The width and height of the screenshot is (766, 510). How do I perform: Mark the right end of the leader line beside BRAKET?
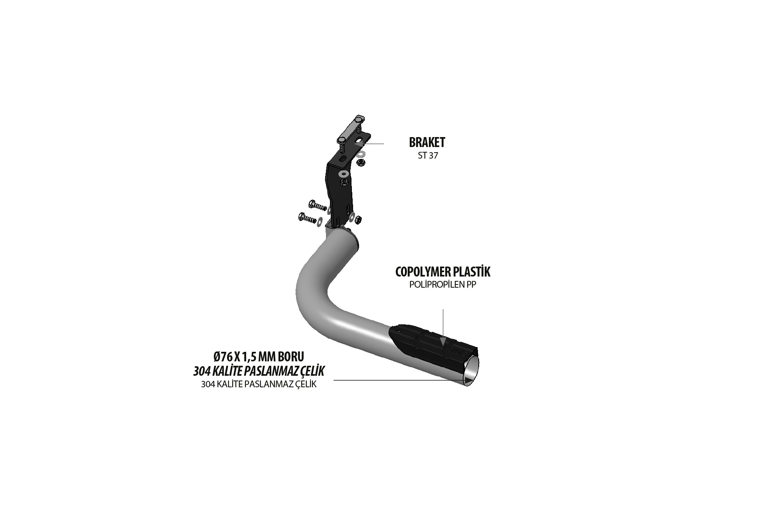click(x=384, y=143)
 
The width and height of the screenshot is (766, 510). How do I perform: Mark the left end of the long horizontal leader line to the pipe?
click(x=334, y=381)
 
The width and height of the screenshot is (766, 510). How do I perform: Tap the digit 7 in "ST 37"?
click(x=435, y=156)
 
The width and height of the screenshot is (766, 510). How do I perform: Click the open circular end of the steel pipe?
click(x=472, y=371)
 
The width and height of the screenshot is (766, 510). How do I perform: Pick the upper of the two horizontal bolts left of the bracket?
click(x=318, y=206)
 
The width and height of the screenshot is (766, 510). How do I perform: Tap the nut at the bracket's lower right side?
click(x=358, y=219)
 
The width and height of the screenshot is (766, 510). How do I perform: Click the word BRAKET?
click(x=427, y=142)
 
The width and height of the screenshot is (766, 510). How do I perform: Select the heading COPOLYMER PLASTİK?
click(x=443, y=272)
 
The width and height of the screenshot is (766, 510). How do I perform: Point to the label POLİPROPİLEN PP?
click(x=443, y=285)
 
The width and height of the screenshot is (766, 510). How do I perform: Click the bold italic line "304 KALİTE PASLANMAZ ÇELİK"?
click(x=259, y=371)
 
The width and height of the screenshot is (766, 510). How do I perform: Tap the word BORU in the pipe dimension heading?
click(x=292, y=356)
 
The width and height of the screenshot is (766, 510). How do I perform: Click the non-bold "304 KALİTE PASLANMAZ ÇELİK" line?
click(x=259, y=384)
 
